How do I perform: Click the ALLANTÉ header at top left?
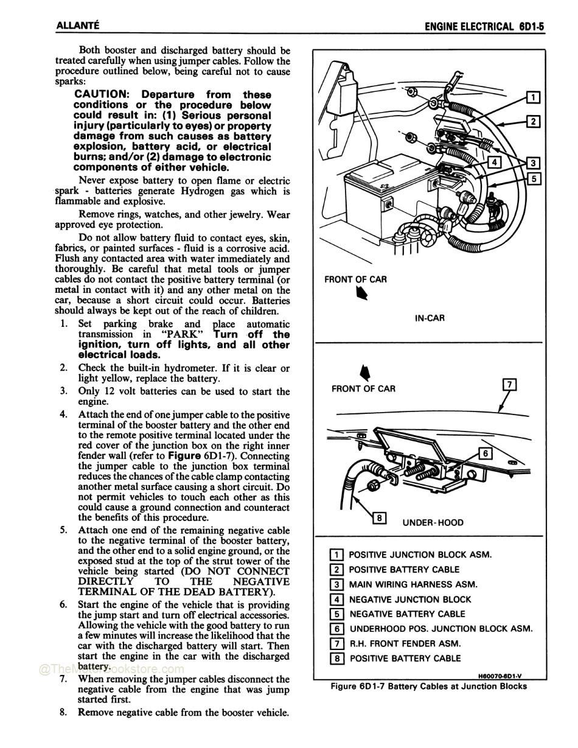(x=77, y=26)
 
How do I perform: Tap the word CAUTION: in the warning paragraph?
(x=101, y=94)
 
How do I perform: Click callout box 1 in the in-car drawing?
(x=532, y=97)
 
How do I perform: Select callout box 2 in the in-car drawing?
(x=533, y=121)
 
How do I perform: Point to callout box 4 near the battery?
(x=495, y=162)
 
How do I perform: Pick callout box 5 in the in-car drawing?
(x=533, y=178)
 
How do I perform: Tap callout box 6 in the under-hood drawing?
(x=485, y=453)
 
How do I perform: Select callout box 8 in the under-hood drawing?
(x=379, y=518)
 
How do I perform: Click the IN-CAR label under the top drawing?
(x=430, y=318)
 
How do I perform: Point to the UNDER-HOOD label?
(x=433, y=522)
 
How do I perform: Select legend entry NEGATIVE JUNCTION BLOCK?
(x=409, y=599)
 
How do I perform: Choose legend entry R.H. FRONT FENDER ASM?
(x=405, y=643)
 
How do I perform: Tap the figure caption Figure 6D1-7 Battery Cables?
(x=428, y=686)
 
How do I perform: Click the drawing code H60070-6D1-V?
(x=501, y=675)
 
